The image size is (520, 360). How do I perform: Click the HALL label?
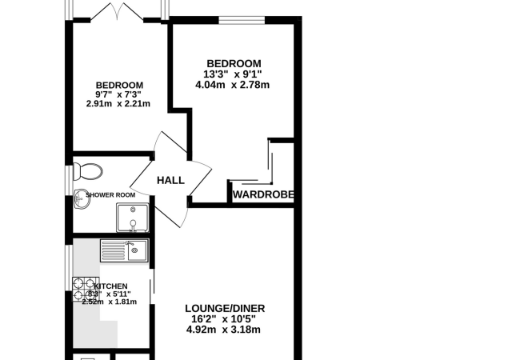click(x=170, y=181)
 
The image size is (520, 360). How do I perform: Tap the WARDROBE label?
click(x=263, y=194)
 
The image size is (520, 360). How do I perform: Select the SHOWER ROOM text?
click(x=110, y=195)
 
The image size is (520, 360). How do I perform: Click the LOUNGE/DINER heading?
click(x=225, y=309)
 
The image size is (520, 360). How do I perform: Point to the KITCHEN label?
click(x=110, y=286)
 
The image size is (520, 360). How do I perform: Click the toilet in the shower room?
click(x=87, y=171)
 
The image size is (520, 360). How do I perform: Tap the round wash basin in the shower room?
click(x=82, y=199)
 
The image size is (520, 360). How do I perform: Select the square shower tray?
click(x=133, y=218)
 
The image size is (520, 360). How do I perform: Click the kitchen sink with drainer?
click(x=124, y=251)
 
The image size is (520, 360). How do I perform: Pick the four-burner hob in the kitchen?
click(x=86, y=289)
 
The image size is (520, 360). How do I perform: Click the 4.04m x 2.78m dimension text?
click(x=233, y=85)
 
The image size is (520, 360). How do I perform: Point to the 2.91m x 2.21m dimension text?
click(x=118, y=104)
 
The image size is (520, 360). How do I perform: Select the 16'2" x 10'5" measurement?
click(x=223, y=319)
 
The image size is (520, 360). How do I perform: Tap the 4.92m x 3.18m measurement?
click(x=223, y=330)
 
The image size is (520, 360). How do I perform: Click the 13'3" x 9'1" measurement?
click(x=233, y=74)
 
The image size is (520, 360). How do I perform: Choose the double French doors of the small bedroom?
click(x=117, y=12)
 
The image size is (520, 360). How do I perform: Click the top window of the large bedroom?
click(x=242, y=20)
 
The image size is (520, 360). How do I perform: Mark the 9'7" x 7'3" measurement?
click(x=118, y=95)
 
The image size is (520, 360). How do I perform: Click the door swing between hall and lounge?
click(x=173, y=212)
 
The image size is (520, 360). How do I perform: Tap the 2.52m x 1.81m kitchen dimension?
click(x=110, y=302)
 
